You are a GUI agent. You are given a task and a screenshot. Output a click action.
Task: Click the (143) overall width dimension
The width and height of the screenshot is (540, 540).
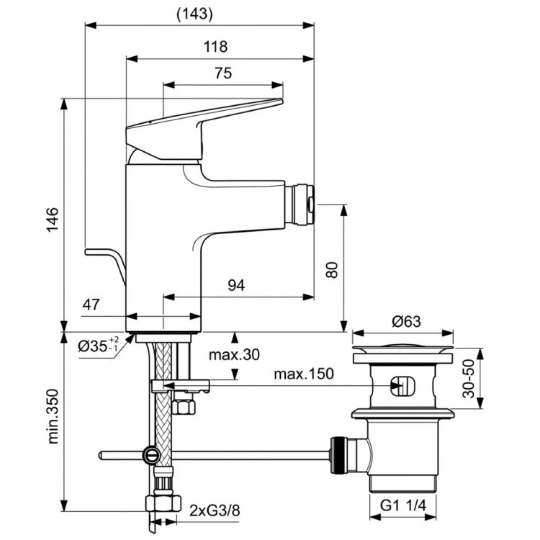point(194,14)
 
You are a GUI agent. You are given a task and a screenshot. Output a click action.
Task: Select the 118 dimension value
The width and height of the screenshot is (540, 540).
point(216,46)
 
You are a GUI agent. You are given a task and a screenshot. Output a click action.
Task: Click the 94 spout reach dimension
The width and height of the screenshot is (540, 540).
point(236,285)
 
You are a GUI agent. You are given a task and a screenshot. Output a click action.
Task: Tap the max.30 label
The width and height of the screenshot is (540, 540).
point(234,355)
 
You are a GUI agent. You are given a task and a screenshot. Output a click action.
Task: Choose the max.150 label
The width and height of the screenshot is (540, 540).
point(304,374)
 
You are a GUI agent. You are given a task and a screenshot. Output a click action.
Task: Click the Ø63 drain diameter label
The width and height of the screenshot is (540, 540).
point(406,321)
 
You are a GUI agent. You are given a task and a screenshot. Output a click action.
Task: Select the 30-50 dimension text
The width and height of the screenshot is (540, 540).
point(469,378)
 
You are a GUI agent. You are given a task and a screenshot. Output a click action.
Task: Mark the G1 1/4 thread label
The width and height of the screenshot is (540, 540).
point(403,506)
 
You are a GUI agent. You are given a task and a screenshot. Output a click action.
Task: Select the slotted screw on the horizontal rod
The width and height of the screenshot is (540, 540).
point(151,455)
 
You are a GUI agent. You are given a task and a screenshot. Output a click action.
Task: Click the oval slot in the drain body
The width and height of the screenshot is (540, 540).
point(402,386)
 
